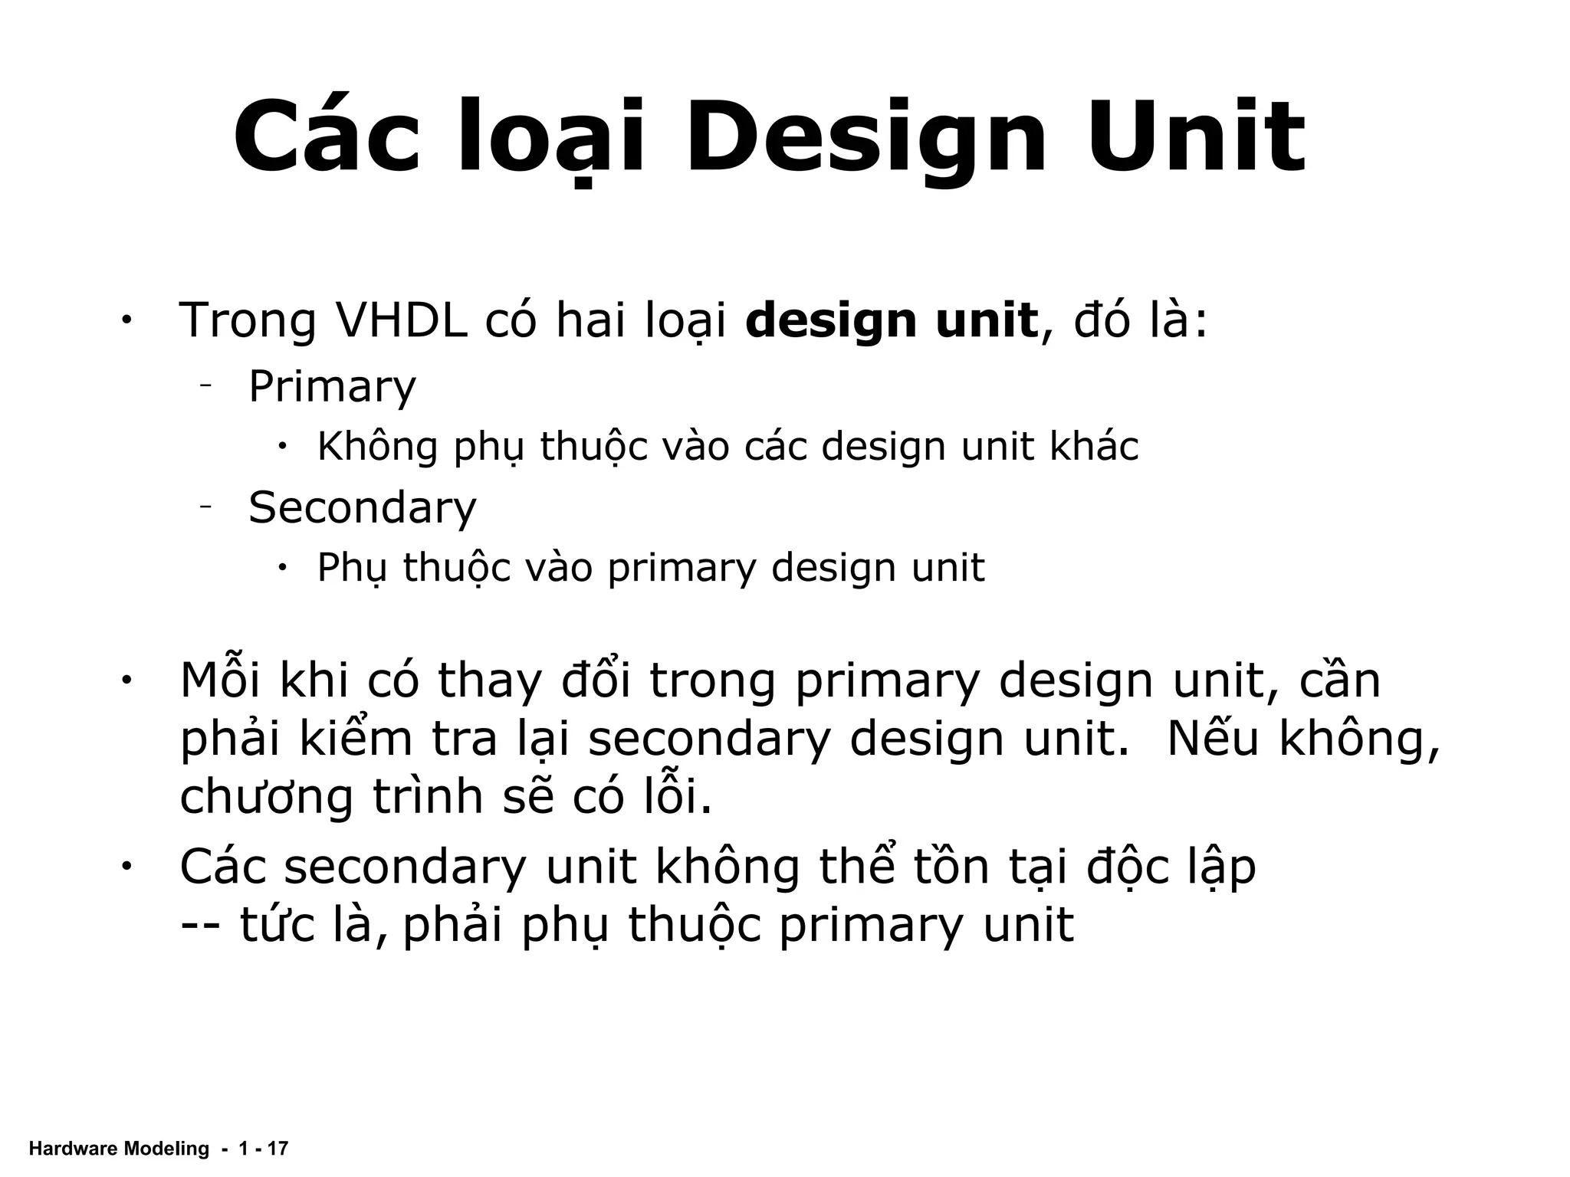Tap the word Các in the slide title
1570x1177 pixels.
click(x=327, y=138)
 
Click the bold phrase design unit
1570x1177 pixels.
click(x=892, y=322)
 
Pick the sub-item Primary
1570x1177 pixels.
click(x=332, y=388)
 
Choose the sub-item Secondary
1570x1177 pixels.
click(x=362, y=508)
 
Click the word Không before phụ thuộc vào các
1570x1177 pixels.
click(x=377, y=447)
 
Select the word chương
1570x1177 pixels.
click(x=266, y=798)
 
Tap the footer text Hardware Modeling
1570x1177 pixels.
click(x=118, y=1149)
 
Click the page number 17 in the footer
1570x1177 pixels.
click(x=278, y=1149)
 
